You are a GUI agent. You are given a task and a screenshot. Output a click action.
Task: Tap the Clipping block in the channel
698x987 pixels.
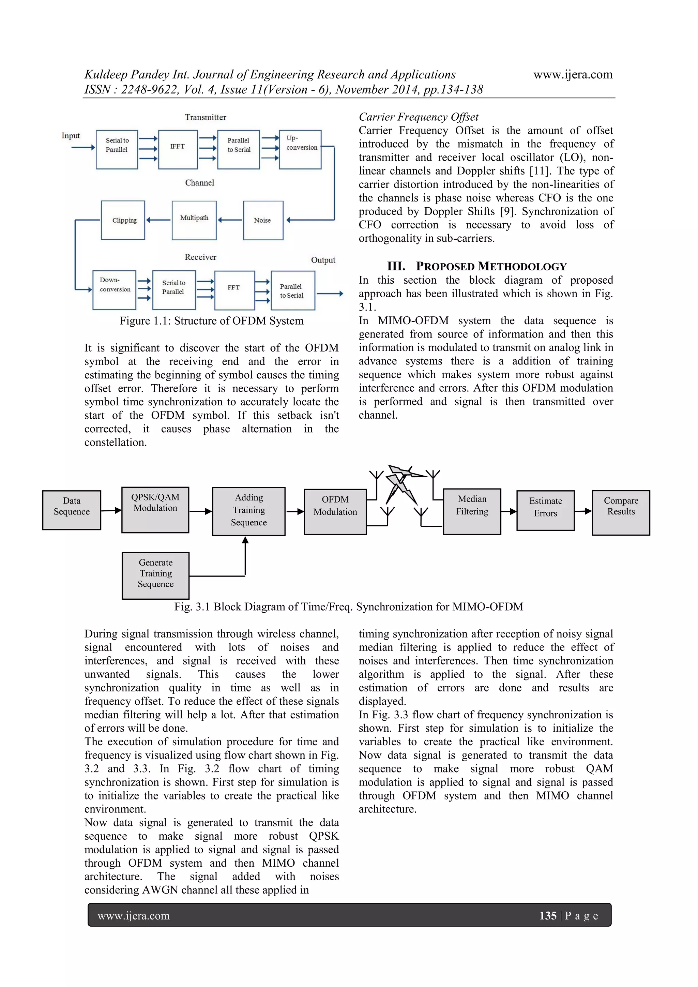[x=123, y=220]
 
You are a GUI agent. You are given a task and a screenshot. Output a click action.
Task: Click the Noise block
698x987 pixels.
[x=263, y=220]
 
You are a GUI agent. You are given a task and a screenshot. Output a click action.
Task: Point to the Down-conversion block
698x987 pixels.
[x=114, y=290]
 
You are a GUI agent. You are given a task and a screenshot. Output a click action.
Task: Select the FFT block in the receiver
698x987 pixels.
[x=234, y=290]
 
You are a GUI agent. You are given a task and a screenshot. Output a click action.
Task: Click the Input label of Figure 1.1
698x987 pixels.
[x=71, y=136]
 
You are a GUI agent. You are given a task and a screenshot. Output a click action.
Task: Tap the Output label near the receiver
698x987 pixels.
[x=323, y=260]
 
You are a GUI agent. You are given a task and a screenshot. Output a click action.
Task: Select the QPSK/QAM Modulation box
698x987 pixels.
[x=155, y=509]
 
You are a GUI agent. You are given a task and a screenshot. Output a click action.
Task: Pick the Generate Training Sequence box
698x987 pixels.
[x=156, y=575]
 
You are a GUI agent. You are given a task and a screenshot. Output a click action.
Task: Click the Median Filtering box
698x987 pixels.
[x=472, y=511]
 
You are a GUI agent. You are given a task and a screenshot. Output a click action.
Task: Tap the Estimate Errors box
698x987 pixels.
[x=545, y=510]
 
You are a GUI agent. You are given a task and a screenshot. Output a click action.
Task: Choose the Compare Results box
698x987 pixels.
[x=621, y=512]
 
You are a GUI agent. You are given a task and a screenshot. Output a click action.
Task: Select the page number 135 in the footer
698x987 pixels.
[x=548, y=916]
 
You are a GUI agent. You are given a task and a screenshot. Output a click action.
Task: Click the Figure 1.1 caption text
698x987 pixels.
[x=211, y=321]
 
